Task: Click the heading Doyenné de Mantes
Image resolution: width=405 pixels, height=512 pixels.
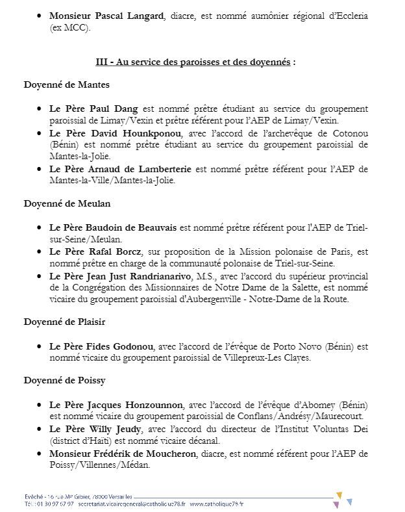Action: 66,84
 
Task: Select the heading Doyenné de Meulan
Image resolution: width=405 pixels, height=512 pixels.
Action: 67,203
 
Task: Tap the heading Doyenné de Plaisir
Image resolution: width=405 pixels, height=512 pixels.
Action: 64,322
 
